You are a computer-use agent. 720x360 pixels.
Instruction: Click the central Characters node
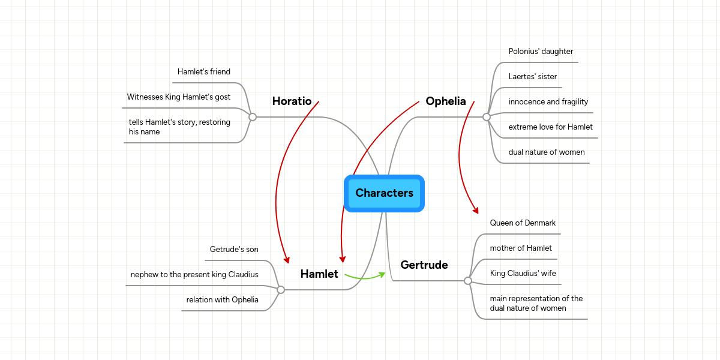tap(384, 193)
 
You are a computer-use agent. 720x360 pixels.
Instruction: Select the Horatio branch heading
tap(292, 101)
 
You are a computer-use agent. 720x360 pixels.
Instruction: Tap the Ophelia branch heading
tap(445, 101)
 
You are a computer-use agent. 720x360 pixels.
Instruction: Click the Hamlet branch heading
tap(319, 274)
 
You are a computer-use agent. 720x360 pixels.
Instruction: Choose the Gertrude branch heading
tap(424, 265)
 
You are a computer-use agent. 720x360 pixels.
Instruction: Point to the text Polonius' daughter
tap(541, 52)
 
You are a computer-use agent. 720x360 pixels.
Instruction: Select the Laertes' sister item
tap(532, 77)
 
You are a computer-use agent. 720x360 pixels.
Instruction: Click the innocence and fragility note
tap(548, 102)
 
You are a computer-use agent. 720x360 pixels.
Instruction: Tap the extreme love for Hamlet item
tap(550, 127)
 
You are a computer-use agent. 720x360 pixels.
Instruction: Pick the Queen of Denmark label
tap(523, 223)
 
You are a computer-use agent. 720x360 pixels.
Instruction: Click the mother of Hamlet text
tap(521, 248)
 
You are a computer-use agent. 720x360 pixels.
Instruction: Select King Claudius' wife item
tap(523, 274)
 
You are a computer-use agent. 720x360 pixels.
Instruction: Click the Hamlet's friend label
tap(203, 72)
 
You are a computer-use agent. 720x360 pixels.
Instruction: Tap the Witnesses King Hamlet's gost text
tap(178, 97)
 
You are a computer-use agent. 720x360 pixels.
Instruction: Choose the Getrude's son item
tap(234, 250)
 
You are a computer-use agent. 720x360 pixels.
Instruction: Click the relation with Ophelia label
tap(222, 300)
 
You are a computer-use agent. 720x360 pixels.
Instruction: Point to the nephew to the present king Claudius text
tap(194, 275)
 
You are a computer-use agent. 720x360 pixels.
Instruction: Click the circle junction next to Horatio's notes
tap(253, 117)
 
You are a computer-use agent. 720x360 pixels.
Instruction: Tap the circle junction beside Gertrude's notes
tap(468, 281)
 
